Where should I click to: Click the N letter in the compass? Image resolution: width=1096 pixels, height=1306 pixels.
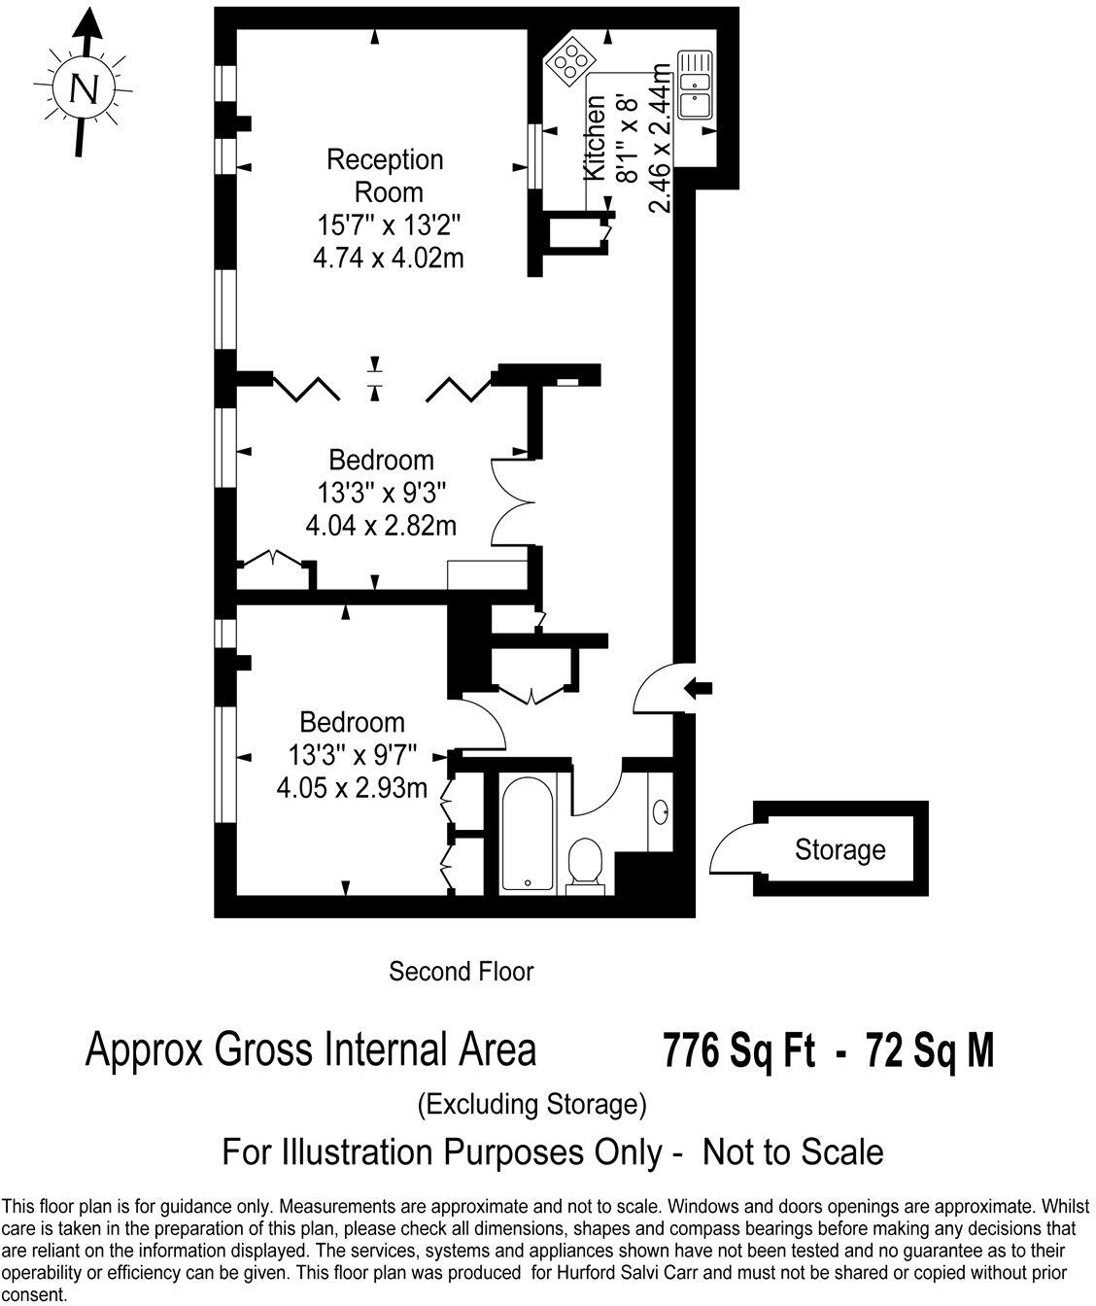click(86, 89)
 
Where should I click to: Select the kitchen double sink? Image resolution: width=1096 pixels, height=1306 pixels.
click(696, 85)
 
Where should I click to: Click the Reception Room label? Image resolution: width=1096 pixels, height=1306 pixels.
click(386, 174)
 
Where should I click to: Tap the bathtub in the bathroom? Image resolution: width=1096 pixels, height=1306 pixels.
click(528, 833)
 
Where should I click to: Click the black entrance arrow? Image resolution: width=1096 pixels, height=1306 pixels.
click(699, 688)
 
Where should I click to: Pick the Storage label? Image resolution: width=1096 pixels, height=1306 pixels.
click(839, 850)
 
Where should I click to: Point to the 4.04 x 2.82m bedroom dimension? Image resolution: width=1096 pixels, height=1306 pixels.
click(381, 526)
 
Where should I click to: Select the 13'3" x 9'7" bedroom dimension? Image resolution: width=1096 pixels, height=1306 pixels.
click(352, 754)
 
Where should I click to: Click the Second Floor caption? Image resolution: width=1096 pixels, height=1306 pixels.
click(462, 971)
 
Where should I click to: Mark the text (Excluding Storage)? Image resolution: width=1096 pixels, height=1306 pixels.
click(531, 1104)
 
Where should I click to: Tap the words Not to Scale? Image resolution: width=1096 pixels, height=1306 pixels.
click(793, 1152)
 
